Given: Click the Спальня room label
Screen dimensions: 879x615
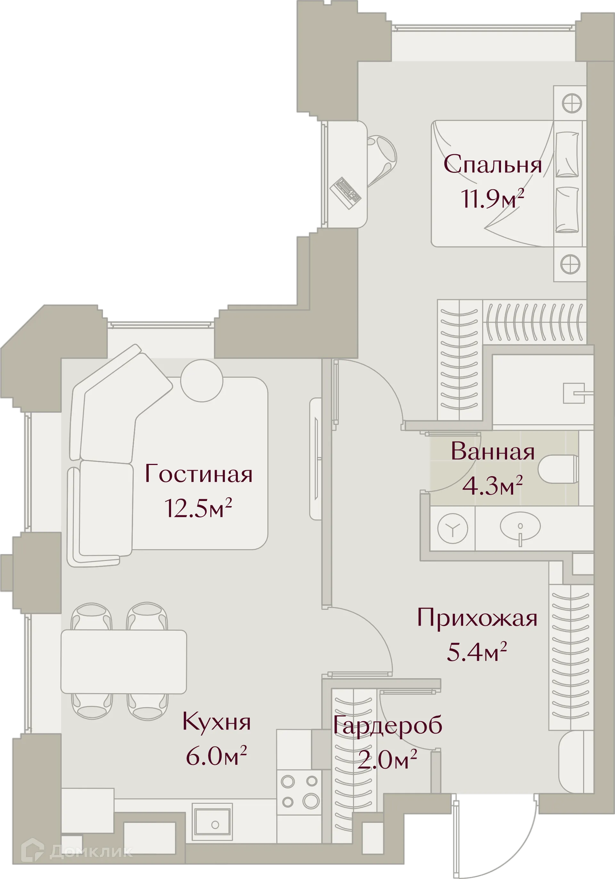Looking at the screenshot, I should [x=493, y=165].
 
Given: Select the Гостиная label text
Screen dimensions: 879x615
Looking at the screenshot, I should [x=199, y=474].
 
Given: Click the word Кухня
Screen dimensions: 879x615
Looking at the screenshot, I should [x=217, y=722].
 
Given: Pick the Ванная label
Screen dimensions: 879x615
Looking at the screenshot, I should [x=492, y=452].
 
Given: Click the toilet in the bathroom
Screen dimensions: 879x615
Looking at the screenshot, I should [x=558, y=469].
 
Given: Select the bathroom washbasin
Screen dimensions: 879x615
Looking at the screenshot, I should [x=520, y=526].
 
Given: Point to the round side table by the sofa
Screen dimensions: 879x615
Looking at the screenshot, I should [x=201, y=381].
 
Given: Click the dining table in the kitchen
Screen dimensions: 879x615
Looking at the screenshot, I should [x=124, y=662].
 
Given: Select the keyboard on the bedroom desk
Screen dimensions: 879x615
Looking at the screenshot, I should [x=345, y=192].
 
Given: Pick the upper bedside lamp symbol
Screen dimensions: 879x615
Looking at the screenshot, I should [x=571, y=103].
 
